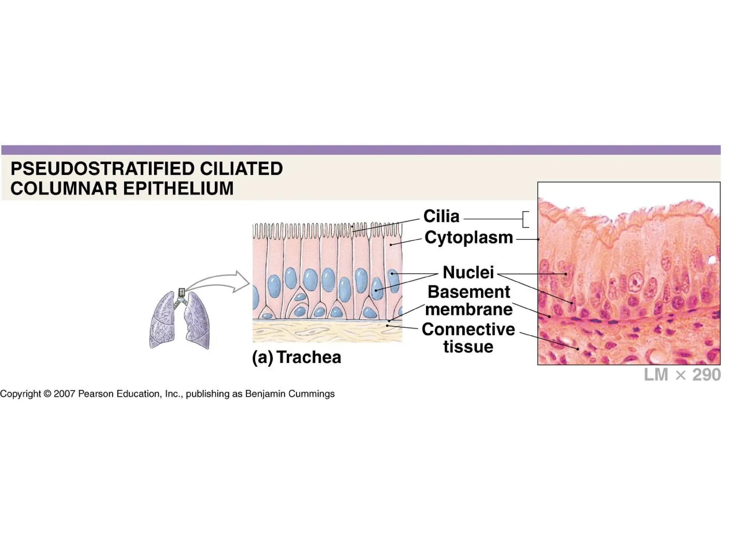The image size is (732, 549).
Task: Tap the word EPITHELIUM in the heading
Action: click(x=178, y=188)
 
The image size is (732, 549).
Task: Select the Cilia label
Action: click(x=441, y=216)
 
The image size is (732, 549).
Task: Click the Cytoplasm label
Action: click(x=469, y=238)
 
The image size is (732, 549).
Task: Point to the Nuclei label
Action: click(x=468, y=272)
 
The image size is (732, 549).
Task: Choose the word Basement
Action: click(x=469, y=292)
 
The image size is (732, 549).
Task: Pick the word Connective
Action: click(x=468, y=329)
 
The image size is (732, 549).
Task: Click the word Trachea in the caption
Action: click(x=309, y=357)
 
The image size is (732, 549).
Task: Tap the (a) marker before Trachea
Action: click(x=262, y=357)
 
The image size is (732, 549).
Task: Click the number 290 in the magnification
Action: click(x=706, y=375)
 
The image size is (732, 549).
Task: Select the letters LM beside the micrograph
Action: click(x=656, y=375)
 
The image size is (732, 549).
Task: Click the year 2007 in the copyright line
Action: click(x=64, y=394)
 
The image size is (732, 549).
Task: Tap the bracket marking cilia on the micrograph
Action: click(x=525, y=219)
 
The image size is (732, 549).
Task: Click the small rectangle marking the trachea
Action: click(x=182, y=292)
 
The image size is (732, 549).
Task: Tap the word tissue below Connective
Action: click(x=468, y=347)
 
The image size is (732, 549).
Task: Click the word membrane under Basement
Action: click(x=469, y=310)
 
